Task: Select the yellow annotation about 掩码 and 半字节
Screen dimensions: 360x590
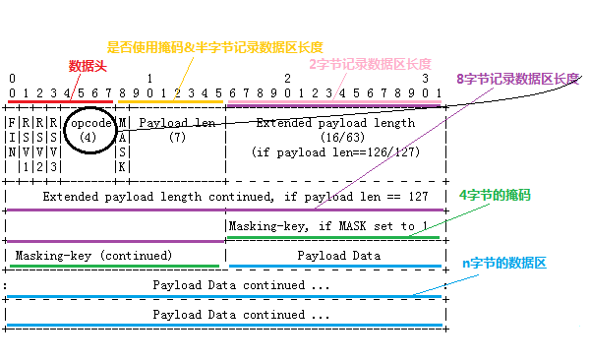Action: tap(214, 46)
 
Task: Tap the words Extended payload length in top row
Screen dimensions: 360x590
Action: tap(335, 123)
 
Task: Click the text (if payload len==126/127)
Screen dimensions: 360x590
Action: tap(335, 151)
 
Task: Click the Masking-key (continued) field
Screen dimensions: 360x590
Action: tap(94, 255)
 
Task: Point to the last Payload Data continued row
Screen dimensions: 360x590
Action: tap(242, 315)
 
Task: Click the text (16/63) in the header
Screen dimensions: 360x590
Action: tap(335, 138)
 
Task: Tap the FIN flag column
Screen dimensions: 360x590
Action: tap(11, 138)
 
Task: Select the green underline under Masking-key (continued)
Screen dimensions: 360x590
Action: tap(114, 266)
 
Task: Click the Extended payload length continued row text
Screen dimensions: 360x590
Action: tap(235, 197)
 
